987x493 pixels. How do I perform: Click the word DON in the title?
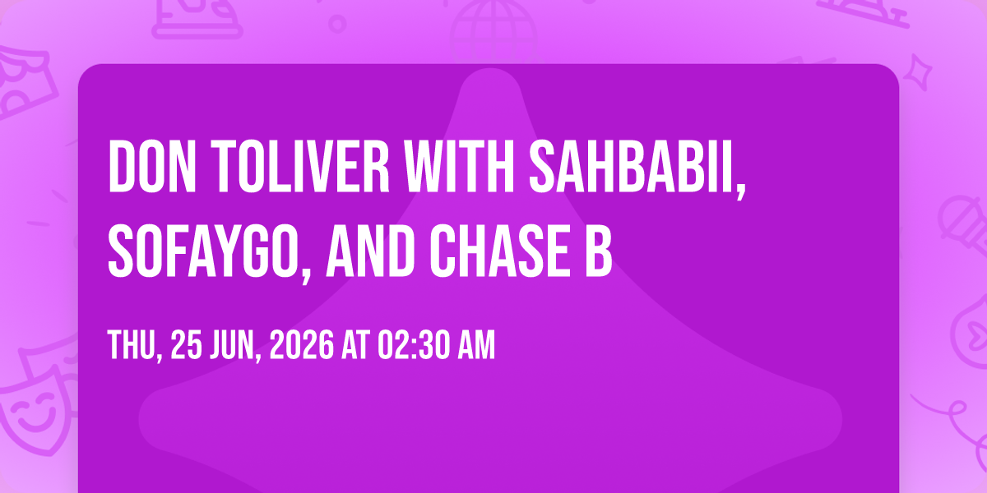click(x=152, y=166)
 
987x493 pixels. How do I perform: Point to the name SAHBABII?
click(x=637, y=169)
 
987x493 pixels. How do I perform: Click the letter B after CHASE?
click(x=599, y=251)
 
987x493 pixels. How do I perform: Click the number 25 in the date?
click(x=187, y=345)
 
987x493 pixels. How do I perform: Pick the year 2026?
click(x=302, y=345)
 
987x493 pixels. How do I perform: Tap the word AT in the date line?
click(x=355, y=345)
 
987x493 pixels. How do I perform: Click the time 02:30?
click(x=413, y=345)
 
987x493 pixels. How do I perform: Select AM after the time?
click(x=476, y=345)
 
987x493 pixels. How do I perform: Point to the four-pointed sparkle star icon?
click(x=918, y=72)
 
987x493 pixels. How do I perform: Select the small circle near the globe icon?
click(x=337, y=24)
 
